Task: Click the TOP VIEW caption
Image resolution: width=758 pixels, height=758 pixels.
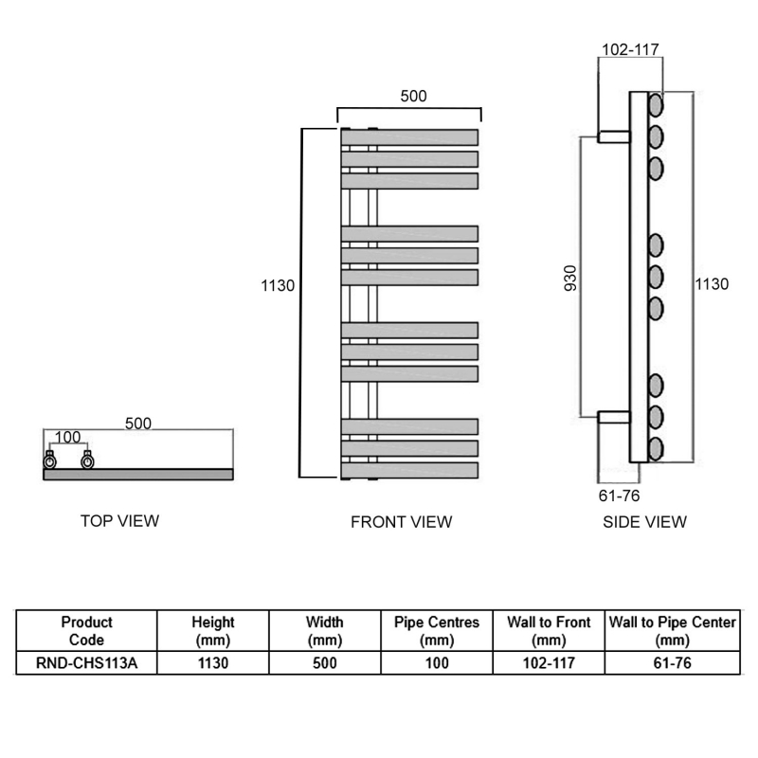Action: [x=119, y=520]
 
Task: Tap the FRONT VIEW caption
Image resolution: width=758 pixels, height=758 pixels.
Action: [x=402, y=521]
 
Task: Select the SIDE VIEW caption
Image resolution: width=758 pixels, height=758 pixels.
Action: [x=645, y=521]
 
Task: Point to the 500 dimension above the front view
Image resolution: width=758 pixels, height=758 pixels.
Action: [x=413, y=96]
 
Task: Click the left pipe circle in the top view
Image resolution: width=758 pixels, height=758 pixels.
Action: [x=49, y=461]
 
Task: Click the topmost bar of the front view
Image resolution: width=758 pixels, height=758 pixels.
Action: [x=409, y=136]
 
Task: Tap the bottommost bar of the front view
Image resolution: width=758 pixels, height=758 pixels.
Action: [x=409, y=469]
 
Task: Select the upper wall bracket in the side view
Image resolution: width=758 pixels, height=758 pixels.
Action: [x=614, y=136]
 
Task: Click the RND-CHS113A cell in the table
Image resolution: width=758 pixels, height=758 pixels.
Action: [x=86, y=663]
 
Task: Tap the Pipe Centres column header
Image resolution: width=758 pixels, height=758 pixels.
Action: [x=437, y=631]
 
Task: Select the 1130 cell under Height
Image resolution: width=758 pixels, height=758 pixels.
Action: [x=213, y=663]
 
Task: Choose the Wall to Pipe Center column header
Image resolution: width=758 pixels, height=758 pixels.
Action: [x=672, y=631]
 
